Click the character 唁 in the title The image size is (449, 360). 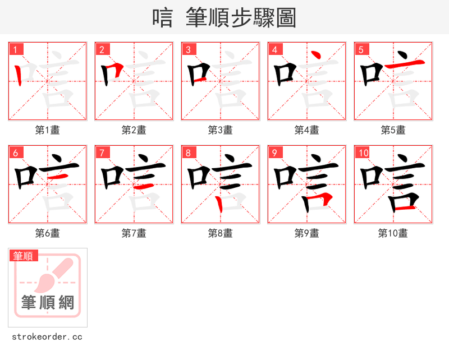click(x=163, y=19)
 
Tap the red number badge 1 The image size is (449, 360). click(x=16, y=49)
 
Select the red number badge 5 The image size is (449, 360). click(x=361, y=49)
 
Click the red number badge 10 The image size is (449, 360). click(x=364, y=153)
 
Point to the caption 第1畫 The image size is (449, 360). click(x=47, y=130)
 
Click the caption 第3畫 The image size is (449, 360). click(x=220, y=130)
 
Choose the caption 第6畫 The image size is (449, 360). click(x=47, y=233)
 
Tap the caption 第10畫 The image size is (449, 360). click(x=393, y=233)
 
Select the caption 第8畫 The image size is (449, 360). click(x=220, y=233)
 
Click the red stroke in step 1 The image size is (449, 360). click(x=20, y=75)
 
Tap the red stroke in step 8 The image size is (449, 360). click(x=220, y=204)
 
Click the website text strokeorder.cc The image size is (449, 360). click(x=47, y=337)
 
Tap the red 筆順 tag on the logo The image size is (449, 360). click(x=24, y=256)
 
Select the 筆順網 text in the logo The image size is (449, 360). click(x=48, y=303)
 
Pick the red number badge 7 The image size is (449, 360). click(x=102, y=153)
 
